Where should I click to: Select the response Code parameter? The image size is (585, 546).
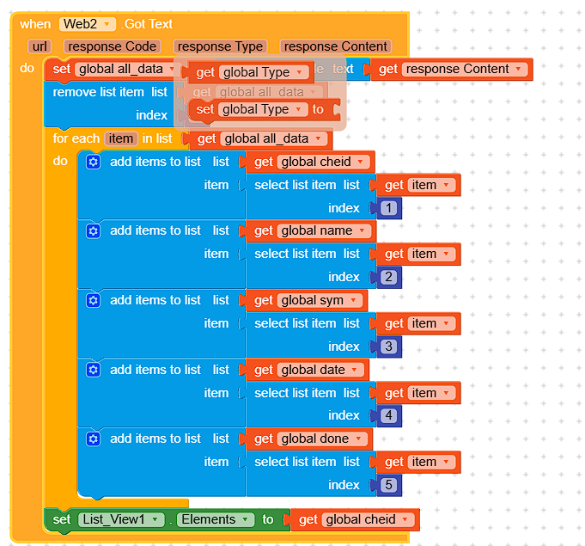point(113,46)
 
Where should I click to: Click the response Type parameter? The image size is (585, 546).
point(220,46)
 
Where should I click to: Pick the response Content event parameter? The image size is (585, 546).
point(336,46)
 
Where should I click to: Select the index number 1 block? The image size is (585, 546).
point(389,208)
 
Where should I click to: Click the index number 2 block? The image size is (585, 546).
point(389,277)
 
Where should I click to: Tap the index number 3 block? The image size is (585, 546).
point(389,347)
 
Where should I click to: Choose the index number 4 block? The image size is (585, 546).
point(389,415)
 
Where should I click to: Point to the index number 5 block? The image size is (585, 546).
point(389,485)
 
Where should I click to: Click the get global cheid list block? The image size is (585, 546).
point(310,162)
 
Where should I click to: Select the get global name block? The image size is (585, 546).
point(310,230)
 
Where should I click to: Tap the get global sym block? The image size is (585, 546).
point(307,300)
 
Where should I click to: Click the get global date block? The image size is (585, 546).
point(307,370)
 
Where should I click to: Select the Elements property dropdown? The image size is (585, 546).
point(216,519)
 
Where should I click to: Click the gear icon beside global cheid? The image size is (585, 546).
point(94,162)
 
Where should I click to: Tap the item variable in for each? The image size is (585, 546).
point(121,138)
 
